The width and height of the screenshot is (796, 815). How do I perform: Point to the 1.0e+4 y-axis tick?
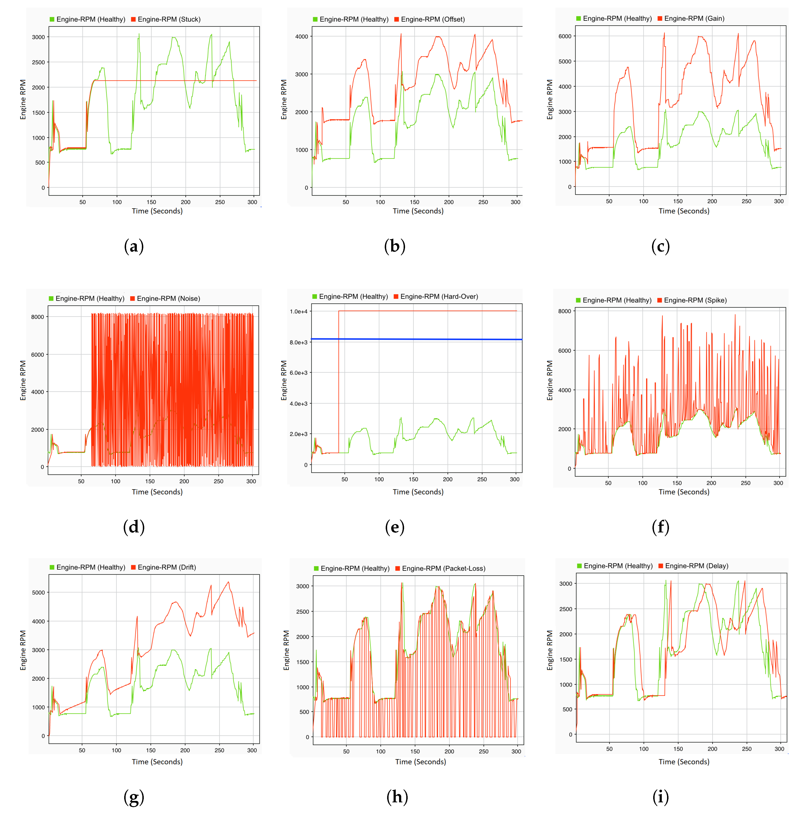[299, 311]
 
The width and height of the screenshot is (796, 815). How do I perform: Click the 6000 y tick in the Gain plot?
[565, 36]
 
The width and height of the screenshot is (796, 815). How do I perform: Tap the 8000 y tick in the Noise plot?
[38, 317]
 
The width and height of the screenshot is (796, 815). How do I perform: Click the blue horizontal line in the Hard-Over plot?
[418, 339]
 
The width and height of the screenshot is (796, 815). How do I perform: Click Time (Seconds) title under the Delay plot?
[684, 762]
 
